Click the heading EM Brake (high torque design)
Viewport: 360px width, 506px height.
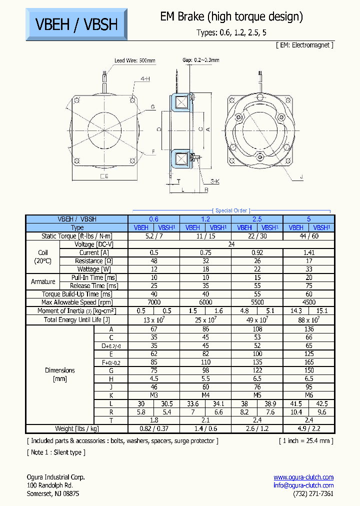pos(231,16)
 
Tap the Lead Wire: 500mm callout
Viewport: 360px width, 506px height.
pos(134,60)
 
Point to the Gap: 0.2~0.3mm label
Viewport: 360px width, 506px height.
pos(200,60)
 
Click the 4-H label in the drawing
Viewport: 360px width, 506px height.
pos(145,79)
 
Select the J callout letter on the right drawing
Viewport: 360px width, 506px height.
pos(301,176)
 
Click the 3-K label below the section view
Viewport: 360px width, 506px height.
pos(214,181)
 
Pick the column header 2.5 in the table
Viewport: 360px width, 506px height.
pos(257,219)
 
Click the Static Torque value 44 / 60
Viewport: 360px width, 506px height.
pos(308,236)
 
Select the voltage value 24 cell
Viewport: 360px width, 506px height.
pos(231,244)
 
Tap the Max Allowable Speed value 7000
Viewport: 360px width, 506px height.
pos(154,302)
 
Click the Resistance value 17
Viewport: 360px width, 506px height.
pos(308,261)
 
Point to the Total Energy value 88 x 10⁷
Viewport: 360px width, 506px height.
pos(308,319)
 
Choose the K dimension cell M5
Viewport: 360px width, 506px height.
pos(257,395)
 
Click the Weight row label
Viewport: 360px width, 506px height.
pos(77,429)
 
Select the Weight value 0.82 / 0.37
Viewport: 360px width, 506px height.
pos(154,429)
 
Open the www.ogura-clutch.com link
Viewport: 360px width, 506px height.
pos(303,477)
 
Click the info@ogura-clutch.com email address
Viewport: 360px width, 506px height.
pos(303,485)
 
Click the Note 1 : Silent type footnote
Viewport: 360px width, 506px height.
pos(56,452)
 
